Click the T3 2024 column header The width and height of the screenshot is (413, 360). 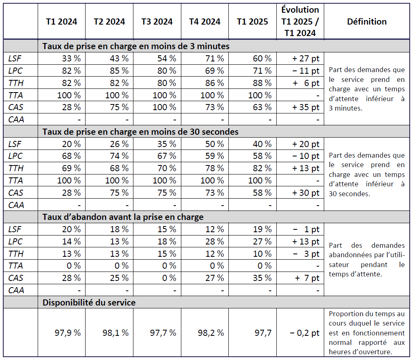coord(157,22)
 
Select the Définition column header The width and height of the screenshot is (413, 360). coord(367,22)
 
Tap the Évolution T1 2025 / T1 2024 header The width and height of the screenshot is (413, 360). coord(300,21)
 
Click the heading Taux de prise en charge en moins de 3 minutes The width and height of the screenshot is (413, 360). coord(135,46)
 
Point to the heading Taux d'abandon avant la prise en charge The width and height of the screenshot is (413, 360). coord(123,217)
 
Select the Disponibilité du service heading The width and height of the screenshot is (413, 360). coord(89,303)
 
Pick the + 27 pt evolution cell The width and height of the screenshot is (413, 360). coord(305,59)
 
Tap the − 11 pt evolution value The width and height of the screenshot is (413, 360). coord(305,71)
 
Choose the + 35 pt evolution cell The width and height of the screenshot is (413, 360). coord(305,107)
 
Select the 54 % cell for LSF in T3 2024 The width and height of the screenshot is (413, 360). coord(167,59)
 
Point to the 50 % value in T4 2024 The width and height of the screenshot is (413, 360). coord(214,144)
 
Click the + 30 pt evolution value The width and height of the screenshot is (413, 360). coord(305,193)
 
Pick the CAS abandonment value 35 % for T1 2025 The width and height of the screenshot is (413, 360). coord(262,278)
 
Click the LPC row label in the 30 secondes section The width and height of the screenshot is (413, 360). coord(15,156)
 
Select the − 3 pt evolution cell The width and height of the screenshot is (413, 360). coord(305,254)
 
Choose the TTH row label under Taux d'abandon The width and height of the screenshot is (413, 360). coord(16,254)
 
